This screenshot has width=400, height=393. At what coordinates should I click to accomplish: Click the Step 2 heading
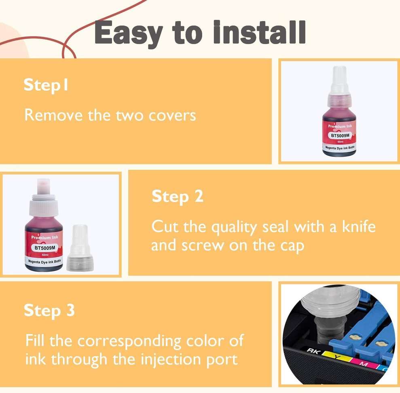click(177, 196)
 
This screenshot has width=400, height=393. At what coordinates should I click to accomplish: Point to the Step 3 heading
click(49, 311)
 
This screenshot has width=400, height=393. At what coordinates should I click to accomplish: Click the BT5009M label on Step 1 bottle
click(340, 136)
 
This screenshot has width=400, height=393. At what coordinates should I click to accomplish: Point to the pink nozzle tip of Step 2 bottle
click(43, 185)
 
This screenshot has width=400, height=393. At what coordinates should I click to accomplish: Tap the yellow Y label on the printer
click(335, 355)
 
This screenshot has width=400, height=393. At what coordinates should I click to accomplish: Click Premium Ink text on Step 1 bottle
click(340, 127)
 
